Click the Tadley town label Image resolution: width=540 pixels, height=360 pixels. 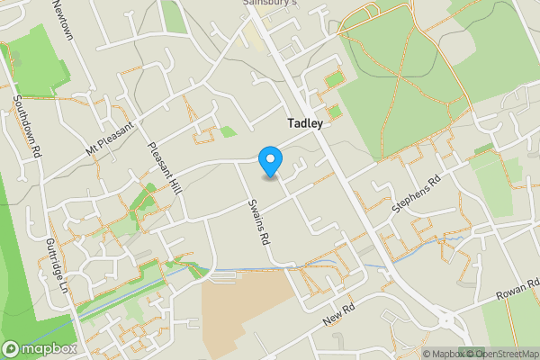[x=305, y=124]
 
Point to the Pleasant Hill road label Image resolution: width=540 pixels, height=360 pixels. [x=165, y=167]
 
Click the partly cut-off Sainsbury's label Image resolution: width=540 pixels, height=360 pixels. [x=270, y=4]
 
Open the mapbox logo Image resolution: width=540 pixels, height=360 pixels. [x=37, y=347]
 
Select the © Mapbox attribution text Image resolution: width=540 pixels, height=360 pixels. [x=439, y=354]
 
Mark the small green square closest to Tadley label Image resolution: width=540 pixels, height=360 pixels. [x=334, y=112]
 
